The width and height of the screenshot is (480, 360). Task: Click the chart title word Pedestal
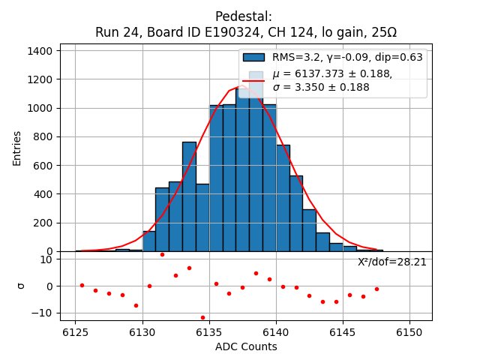[x=244, y=16]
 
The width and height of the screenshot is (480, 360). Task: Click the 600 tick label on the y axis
[x=43, y=166]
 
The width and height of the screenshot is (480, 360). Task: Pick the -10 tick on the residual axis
[x=45, y=313]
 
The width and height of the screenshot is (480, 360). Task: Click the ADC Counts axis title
[x=246, y=346]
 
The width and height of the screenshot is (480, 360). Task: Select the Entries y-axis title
[x=17, y=148]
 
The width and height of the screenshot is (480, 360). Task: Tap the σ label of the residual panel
[x=21, y=286]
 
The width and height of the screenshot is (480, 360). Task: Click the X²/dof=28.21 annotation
[x=391, y=262]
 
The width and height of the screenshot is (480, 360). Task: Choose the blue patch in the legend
[x=253, y=57]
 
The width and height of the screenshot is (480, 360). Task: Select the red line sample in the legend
[x=253, y=80]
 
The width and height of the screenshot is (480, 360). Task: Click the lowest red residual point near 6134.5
[x=202, y=317]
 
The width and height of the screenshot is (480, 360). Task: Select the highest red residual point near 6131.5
[x=162, y=254]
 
